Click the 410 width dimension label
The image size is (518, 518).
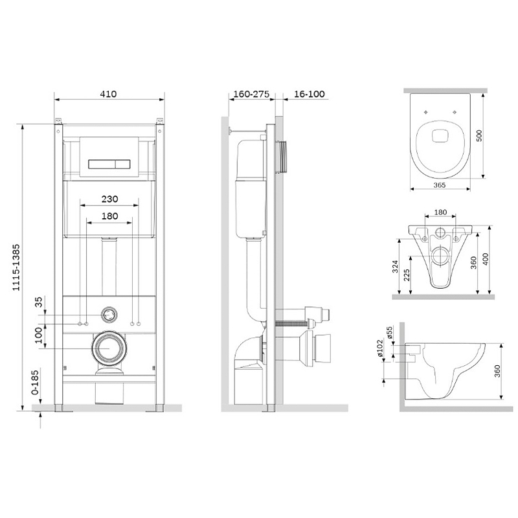pos(108,94)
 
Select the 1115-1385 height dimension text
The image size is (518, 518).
pos(16,267)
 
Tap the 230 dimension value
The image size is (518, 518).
pos(109,199)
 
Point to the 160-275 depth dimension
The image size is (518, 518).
pos(251,94)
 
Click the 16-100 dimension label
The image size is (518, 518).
pos(310,94)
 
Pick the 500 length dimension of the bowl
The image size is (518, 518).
pos(479,136)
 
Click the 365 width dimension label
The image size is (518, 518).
pos(440,185)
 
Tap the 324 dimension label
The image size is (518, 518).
pos(395,267)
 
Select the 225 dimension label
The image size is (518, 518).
pos(407,275)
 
